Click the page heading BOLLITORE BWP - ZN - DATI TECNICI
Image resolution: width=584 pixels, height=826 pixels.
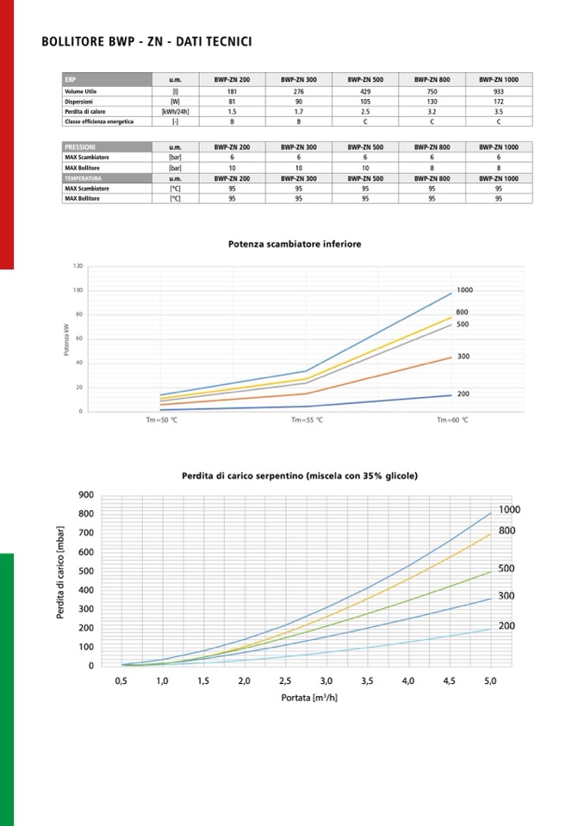[x=146, y=41]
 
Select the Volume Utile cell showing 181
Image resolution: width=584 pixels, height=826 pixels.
[x=232, y=90]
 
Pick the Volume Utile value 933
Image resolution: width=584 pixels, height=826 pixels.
[x=499, y=90]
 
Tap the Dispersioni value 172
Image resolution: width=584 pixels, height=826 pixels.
[x=499, y=101]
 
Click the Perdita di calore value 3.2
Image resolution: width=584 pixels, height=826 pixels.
[x=432, y=111]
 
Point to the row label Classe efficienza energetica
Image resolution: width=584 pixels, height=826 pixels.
[x=99, y=121]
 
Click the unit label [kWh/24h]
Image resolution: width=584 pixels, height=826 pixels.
[x=175, y=111]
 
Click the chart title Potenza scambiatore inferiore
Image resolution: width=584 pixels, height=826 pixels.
[x=295, y=244]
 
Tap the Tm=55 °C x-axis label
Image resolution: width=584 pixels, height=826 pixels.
[x=306, y=419]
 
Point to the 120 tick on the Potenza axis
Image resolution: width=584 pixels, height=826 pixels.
[x=78, y=266]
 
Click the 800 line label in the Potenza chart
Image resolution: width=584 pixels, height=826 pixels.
[x=462, y=312]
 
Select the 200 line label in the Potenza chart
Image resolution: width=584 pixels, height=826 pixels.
[x=463, y=394]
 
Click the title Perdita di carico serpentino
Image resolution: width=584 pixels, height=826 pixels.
[x=300, y=475]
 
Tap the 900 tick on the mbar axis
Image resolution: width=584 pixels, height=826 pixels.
[x=85, y=494]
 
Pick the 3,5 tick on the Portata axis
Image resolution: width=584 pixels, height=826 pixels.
[x=367, y=681]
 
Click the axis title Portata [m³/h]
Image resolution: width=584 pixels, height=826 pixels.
[x=309, y=697]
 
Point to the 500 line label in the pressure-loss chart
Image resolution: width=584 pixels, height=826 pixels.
[x=506, y=568]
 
